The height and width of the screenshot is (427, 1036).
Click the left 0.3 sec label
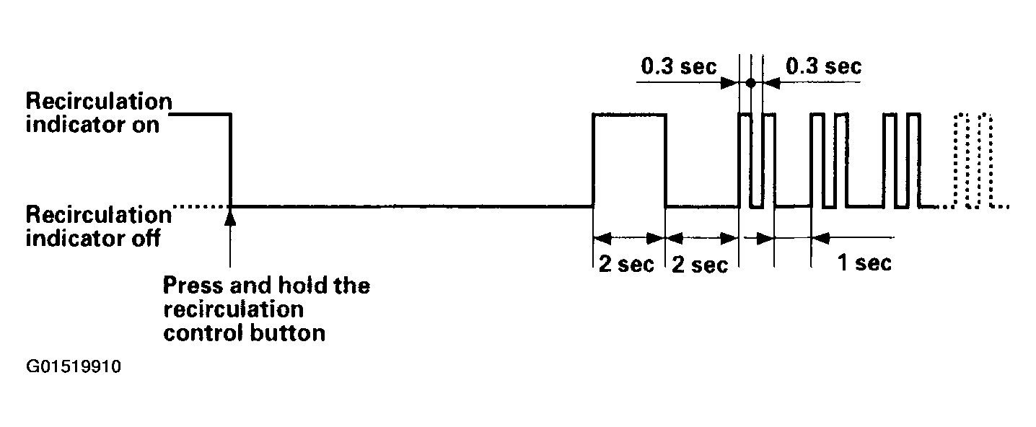pyautogui.click(x=678, y=66)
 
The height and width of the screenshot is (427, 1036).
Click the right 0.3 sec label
pyautogui.click(x=824, y=66)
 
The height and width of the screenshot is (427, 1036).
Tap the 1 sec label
pyautogui.click(x=864, y=263)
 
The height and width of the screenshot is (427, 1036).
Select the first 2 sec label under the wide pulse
pyautogui.click(x=626, y=264)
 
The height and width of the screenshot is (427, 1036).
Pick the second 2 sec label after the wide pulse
pyautogui.click(x=699, y=265)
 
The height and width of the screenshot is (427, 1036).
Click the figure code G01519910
pyautogui.click(x=74, y=366)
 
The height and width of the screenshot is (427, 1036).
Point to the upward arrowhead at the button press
pyautogui.click(x=230, y=216)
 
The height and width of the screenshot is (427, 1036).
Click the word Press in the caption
pyautogui.click(x=193, y=286)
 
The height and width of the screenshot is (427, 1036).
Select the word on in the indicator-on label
pyautogui.click(x=146, y=125)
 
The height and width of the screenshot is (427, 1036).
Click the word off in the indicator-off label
pyautogui.click(x=146, y=238)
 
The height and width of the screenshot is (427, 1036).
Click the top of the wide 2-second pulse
pyautogui.click(x=629, y=114)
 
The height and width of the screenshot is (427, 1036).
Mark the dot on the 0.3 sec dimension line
pyautogui.click(x=751, y=83)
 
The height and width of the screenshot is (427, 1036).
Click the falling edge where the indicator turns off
pyautogui.click(x=230, y=160)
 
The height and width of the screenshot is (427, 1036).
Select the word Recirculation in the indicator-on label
pyautogui.click(x=99, y=101)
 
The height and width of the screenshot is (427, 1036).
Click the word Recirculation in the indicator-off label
pyautogui.click(x=99, y=215)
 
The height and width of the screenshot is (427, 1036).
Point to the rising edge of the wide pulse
pyautogui.click(x=593, y=160)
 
